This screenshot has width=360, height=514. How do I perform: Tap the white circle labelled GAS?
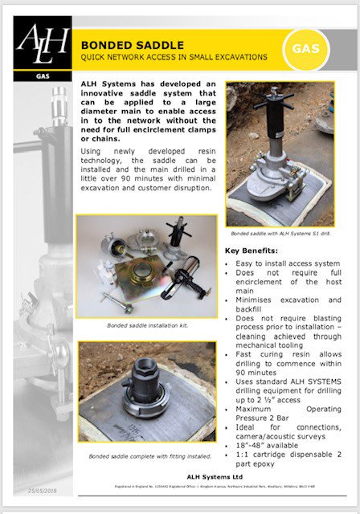pyautogui.click(x=313, y=47)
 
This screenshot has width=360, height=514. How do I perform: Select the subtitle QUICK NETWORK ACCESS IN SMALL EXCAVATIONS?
pyautogui.click(x=173, y=59)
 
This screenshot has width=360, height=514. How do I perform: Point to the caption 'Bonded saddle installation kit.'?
pyautogui.click(x=145, y=325)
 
